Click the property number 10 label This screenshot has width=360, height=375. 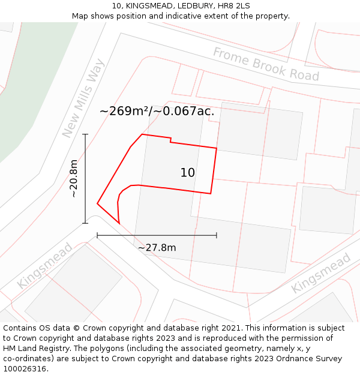[188, 173]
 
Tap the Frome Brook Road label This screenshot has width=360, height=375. [266, 64]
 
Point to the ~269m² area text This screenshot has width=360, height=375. [124, 111]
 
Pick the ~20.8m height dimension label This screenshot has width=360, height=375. [73, 179]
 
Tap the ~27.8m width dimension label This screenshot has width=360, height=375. [157, 248]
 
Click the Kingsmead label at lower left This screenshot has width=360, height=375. [44, 266]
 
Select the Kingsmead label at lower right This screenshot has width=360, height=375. [321, 273]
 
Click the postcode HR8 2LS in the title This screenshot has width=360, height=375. [234, 5]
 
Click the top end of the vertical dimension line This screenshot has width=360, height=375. [85, 134]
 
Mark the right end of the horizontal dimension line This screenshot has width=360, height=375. [217, 235]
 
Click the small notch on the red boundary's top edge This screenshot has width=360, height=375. [171, 140]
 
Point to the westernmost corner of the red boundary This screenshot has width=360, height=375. [97, 204]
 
